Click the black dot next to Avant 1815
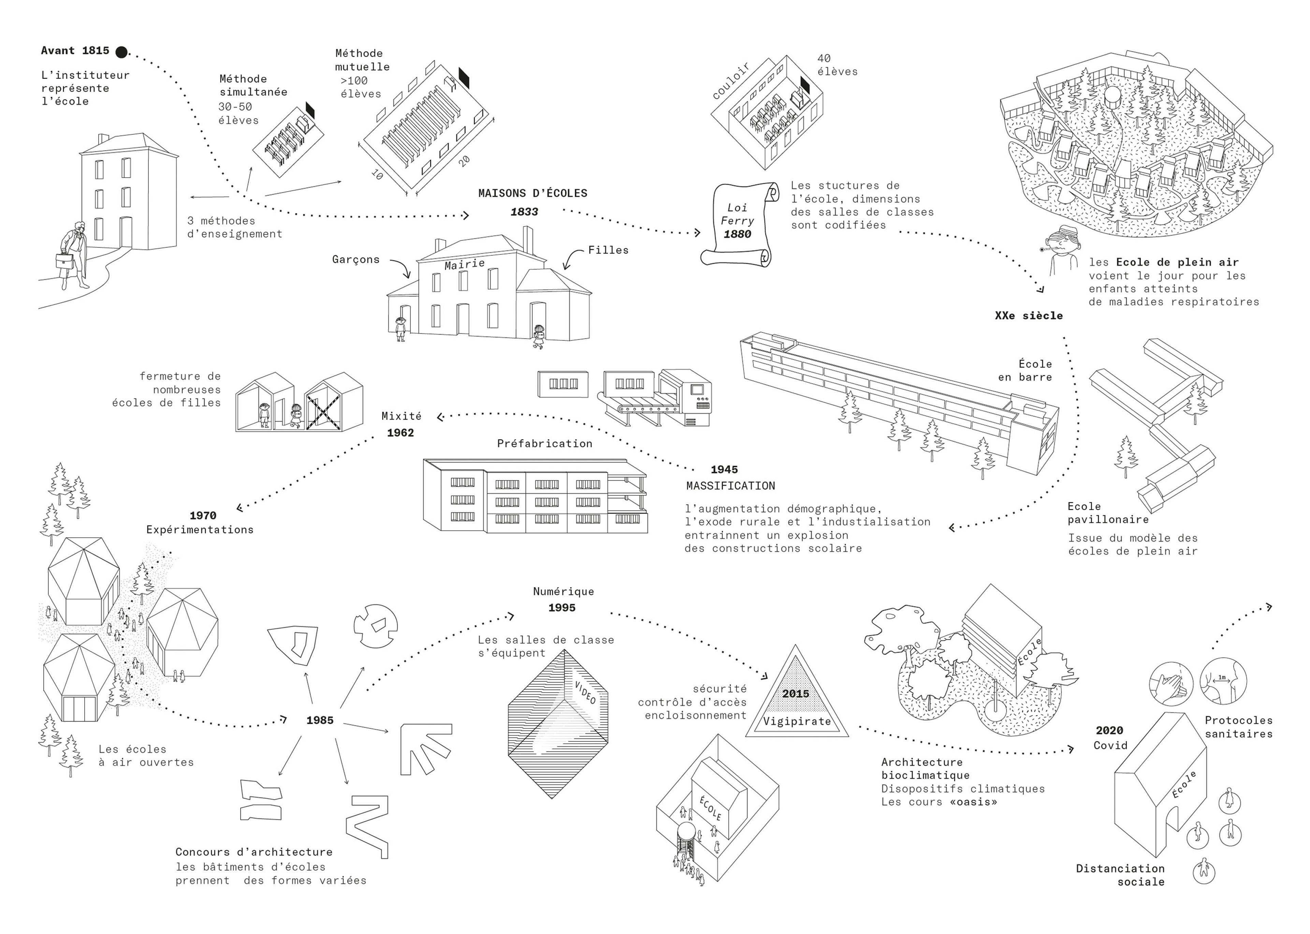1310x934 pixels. click(x=121, y=52)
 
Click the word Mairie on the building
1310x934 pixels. click(x=464, y=264)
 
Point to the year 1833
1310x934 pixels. click(x=524, y=212)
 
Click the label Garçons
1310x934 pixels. click(x=355, y=260)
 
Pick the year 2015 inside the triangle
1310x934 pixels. click(x=796, y=694)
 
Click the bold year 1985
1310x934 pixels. click(x=320, y=720)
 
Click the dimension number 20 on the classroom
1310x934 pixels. click(x=464, y=161)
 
